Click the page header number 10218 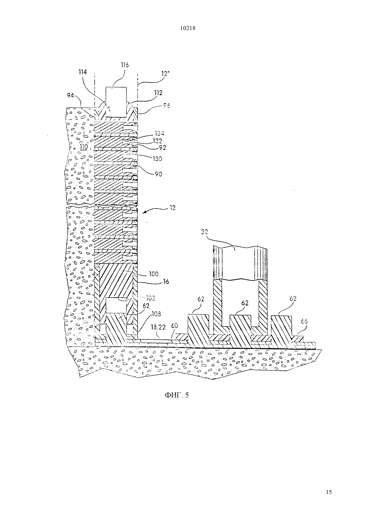[x=188, y=28]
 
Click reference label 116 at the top [x=125, y=65]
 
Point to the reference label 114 [x=82, y=72]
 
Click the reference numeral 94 [x=70, y=96]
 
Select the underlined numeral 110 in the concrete [x=84, y=147]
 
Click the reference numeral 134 [x=159, y=133]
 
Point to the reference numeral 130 [x=157, y=159]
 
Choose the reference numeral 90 [x=158, y=174]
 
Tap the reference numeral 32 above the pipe [x=205, y=232]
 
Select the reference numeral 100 [x=153, y=274]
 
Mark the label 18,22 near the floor [x=158, y=327]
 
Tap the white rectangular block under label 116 [x=116, y=102]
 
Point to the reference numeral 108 [x=156, y=314]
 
